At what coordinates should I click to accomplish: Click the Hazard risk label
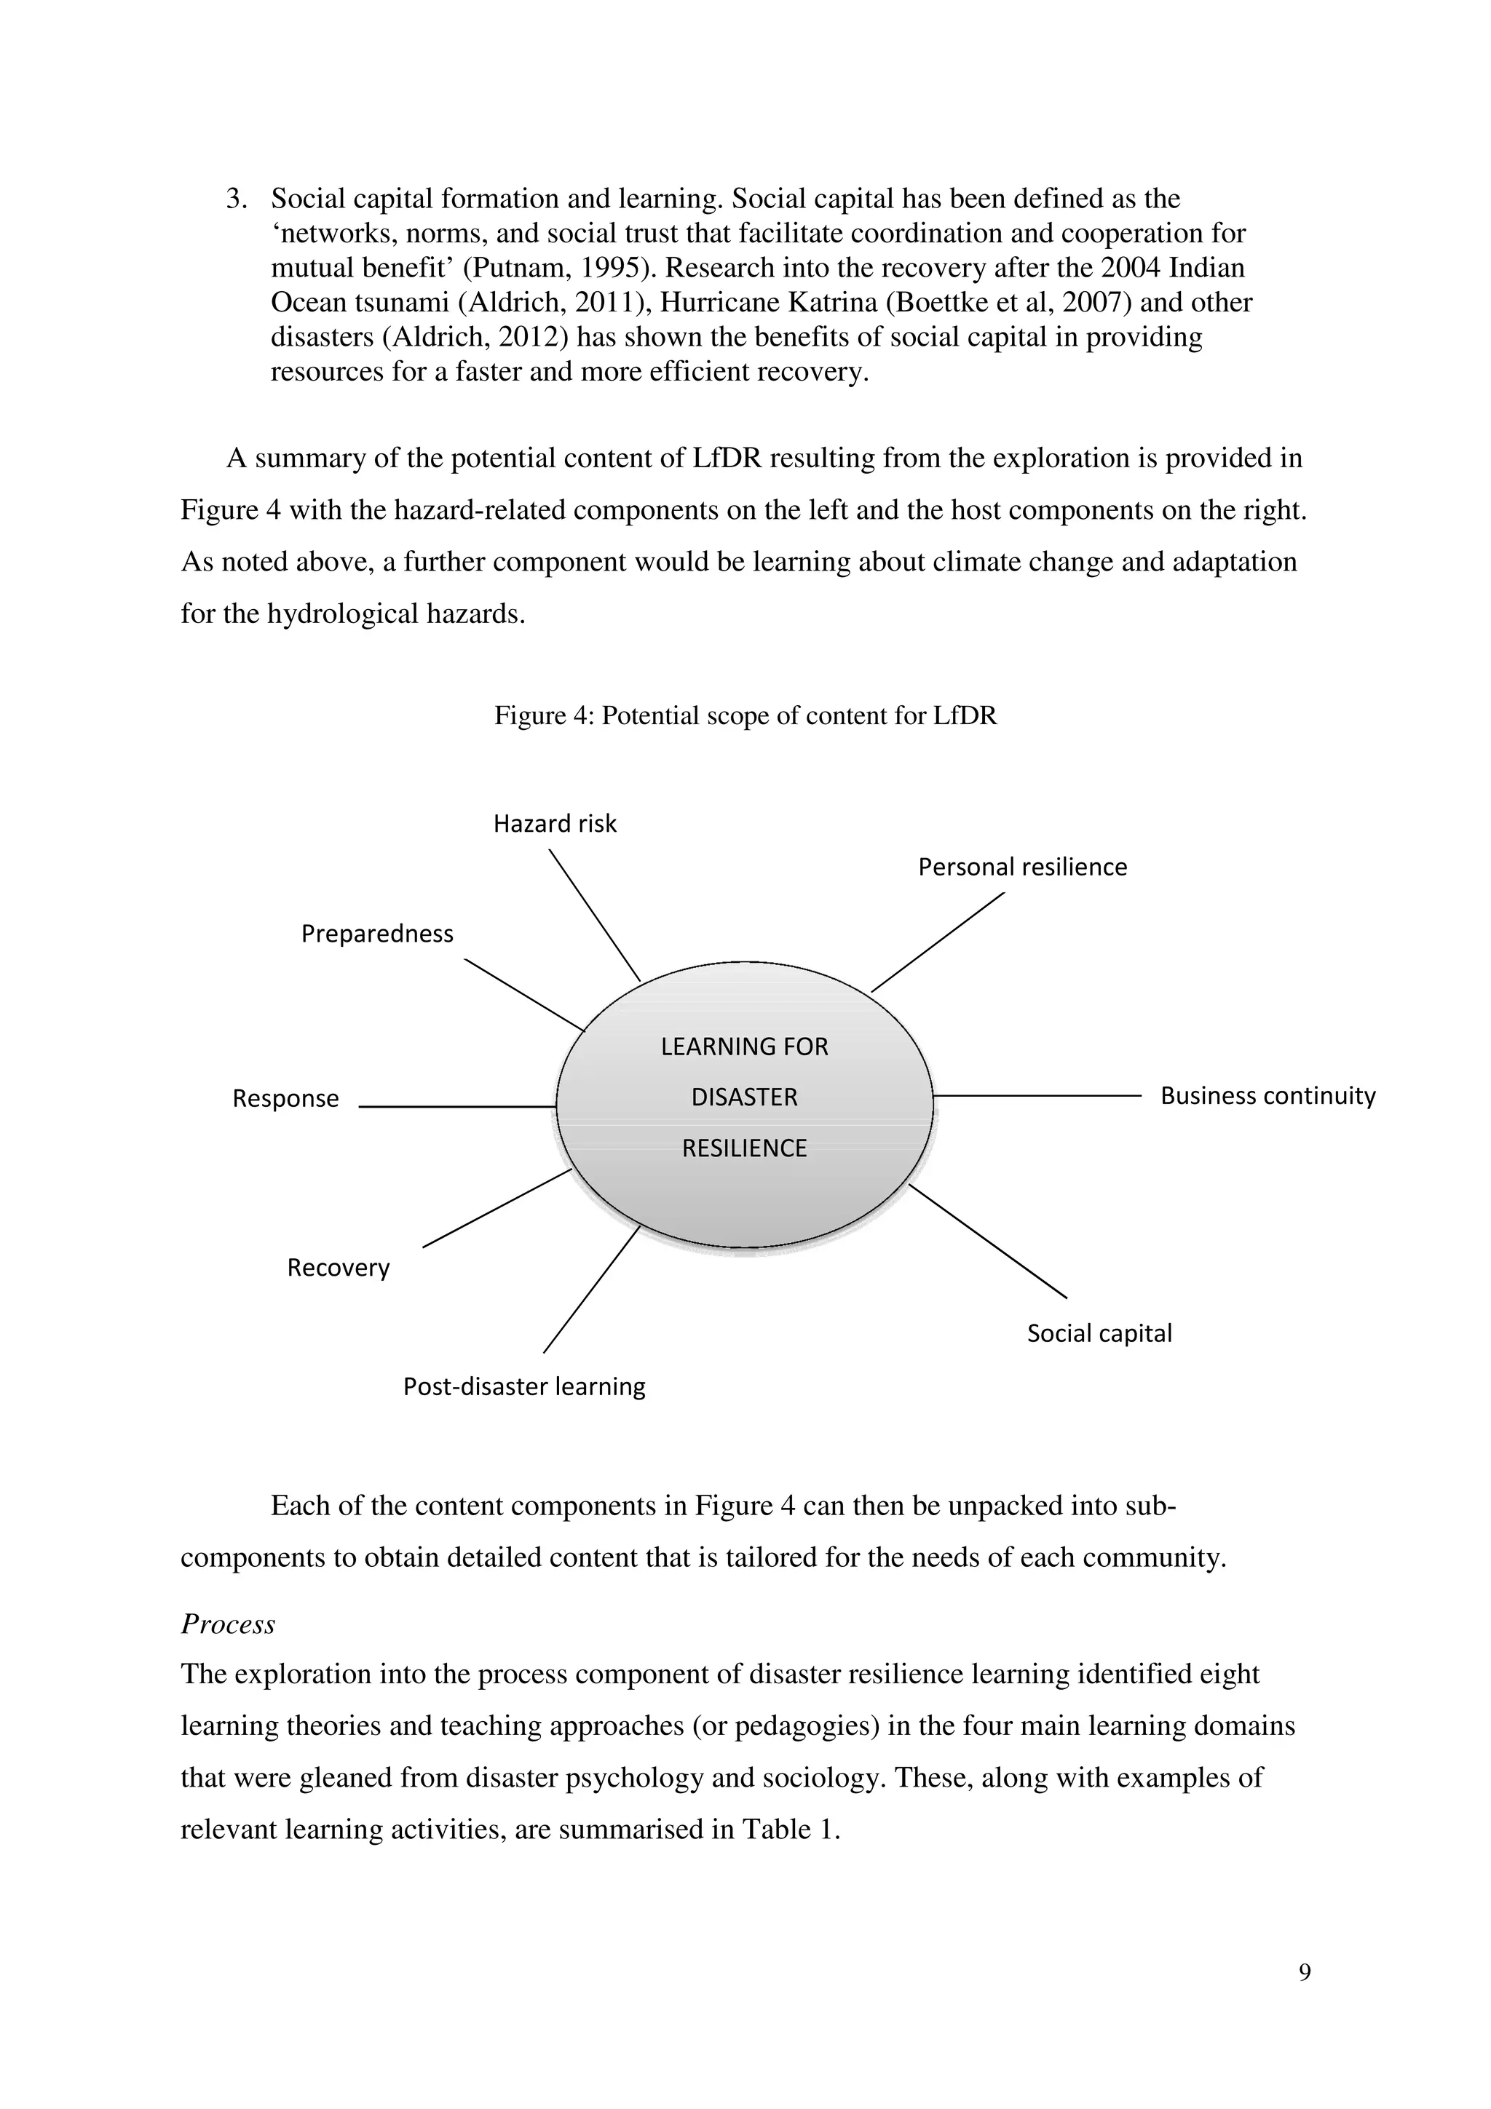tap(555, 823)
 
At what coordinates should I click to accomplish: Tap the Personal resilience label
tap(1022, 867)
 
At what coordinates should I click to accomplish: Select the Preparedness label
tap(378, 934)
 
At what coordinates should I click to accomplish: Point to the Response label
tap(285, 1099)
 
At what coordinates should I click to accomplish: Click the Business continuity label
tap(1267, 1096)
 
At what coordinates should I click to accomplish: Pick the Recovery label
tap(338, 1268)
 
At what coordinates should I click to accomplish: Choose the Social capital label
tap(1099, 1334)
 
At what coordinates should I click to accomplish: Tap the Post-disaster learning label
tap(525, 1386)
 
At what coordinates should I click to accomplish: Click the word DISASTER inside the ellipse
tap(744, 1097)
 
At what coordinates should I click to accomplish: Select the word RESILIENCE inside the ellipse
tap(744, 1148)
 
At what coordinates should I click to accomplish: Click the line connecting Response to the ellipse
tap(457, 1107)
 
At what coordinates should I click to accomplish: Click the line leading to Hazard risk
tap(594, 915)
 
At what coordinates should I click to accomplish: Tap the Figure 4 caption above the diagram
tap(745, 715)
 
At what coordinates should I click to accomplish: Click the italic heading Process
tap(228, 1625)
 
